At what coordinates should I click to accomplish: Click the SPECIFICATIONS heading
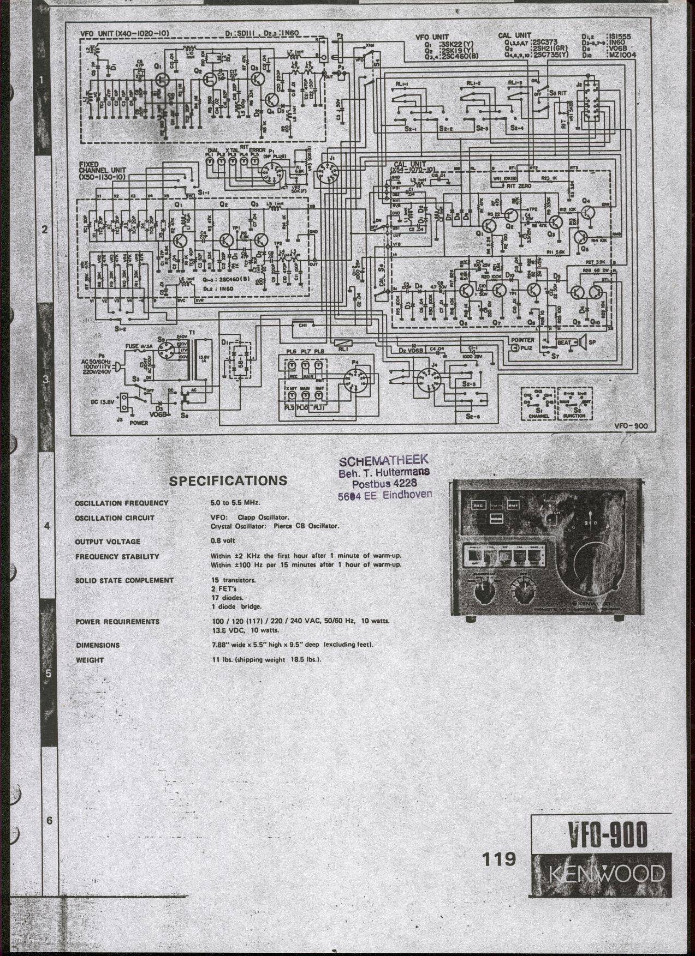[x=228, y=481]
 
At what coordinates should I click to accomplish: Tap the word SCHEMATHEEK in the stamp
[x=384, y=460]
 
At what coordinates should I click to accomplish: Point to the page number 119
[x=499, y=859]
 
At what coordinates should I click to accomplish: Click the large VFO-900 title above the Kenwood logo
[x=608, y=834]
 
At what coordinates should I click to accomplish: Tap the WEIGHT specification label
[x=90, y=660]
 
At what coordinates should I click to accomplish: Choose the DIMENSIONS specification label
[x=98, y=645]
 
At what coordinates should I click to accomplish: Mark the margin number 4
[x=47, y=526]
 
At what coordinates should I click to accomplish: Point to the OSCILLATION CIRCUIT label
[x=114, y=518]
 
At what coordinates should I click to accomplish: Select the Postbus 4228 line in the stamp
[x=384, y=484]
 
